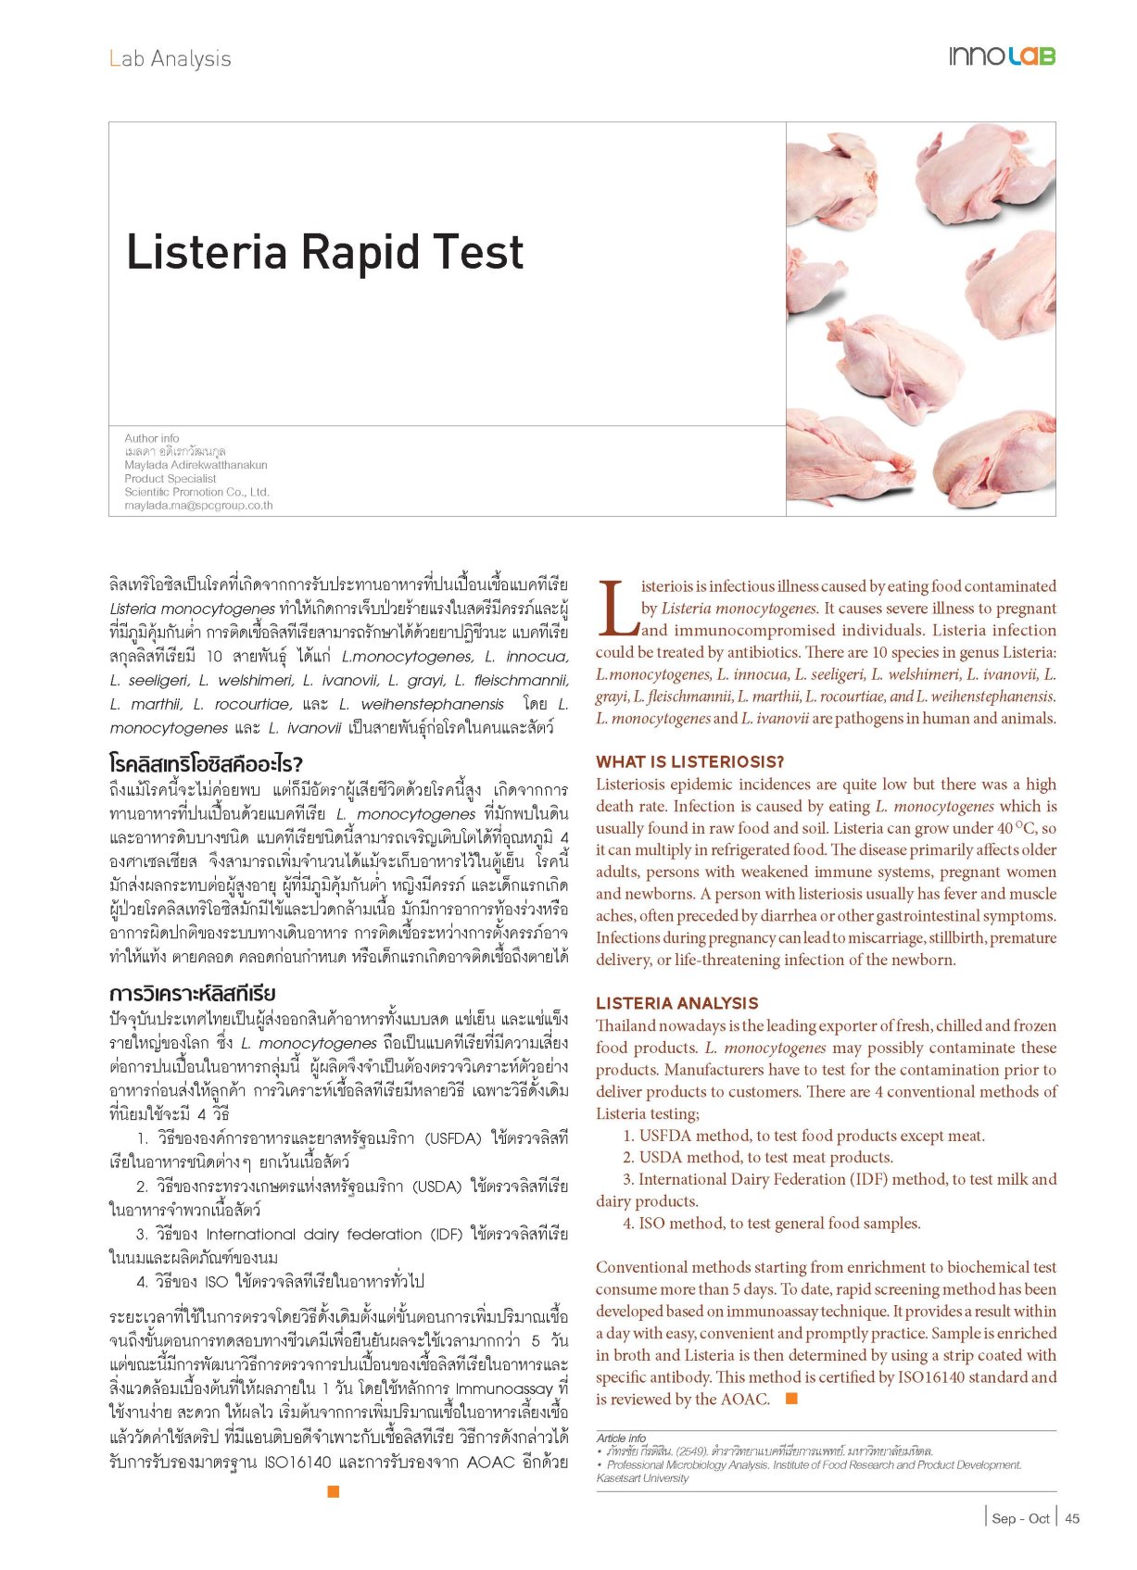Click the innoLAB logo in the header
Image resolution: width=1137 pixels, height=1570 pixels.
pos(1002,57)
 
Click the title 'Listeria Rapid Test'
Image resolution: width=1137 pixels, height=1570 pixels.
pos(325,252)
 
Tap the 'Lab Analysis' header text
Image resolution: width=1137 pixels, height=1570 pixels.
pos(170,58)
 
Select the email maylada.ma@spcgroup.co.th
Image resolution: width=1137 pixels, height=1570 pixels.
pos(198,506)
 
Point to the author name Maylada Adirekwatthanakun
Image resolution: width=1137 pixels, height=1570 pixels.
pos(196,465)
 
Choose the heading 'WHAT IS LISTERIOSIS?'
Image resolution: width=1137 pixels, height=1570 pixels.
pos(689,761)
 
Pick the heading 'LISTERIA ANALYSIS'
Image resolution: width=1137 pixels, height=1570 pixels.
pos(676,1003)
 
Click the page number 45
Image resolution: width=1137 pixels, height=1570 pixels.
pos(1072,1518)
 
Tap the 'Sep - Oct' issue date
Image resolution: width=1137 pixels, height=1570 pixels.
pos(1020,1518)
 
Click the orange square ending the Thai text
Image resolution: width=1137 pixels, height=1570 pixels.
pos(334,1490)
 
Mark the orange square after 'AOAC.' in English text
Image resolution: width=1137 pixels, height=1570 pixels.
pos(791,1399)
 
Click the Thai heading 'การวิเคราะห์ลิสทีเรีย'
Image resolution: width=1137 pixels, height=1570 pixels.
pos(193,993)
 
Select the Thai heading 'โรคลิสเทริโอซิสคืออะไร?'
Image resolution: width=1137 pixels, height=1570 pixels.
pos(206,764)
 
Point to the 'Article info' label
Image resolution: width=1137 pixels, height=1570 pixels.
pos(621,1438)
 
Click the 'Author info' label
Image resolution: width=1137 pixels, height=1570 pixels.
pos(152,438)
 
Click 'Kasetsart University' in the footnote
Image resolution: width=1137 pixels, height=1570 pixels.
pos(642,1478)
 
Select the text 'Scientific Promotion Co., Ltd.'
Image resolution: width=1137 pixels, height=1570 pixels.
pos(196,492)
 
